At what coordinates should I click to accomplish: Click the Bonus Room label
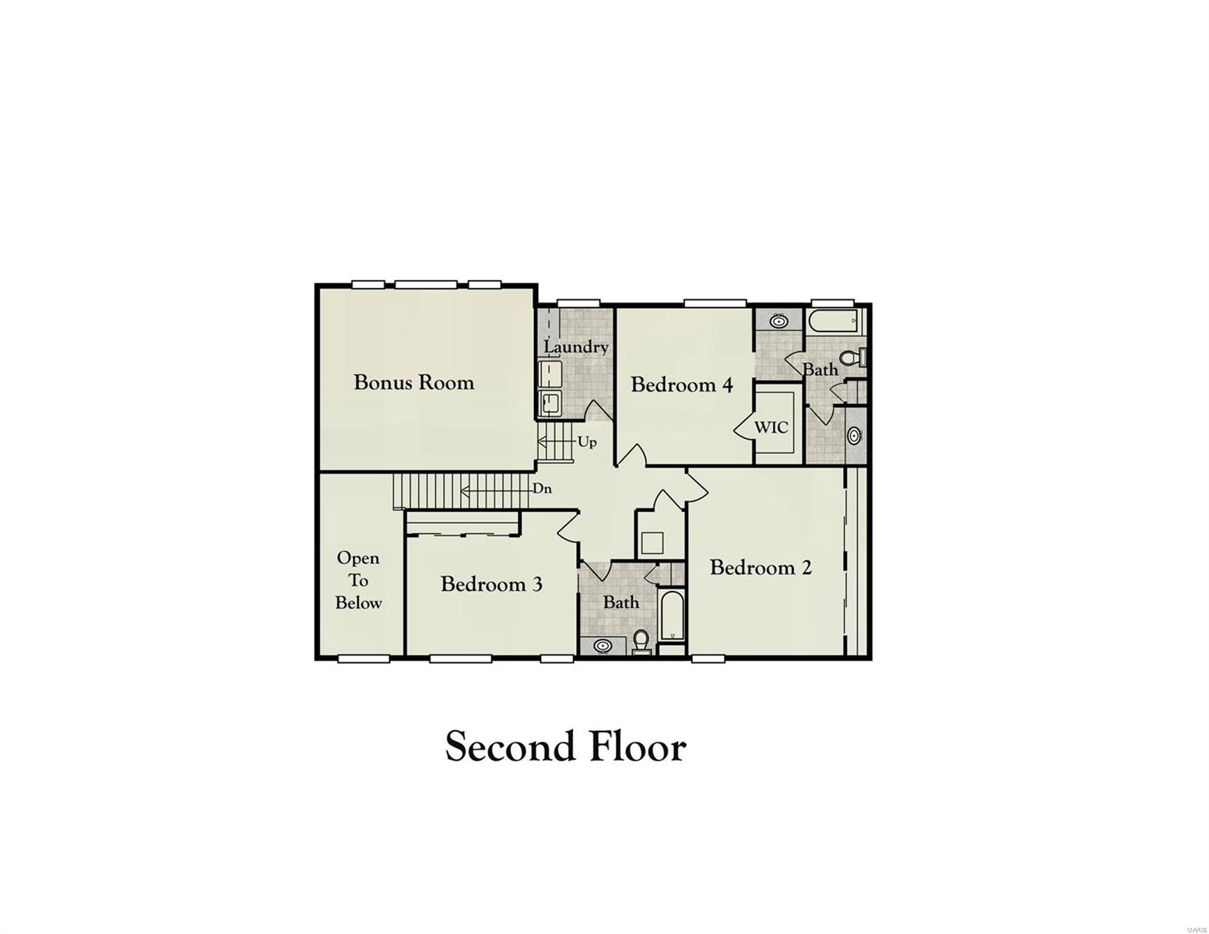[x=413, y=382]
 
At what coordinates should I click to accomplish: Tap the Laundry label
[x=575, y=347]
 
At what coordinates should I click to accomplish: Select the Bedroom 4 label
[x=682, y=384]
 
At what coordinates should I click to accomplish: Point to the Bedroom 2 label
[x=761, y=567]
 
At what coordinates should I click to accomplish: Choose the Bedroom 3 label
[x=491, y=584]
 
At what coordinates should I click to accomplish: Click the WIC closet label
[x=771, y=427]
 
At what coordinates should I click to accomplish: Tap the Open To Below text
[x=358, y=580]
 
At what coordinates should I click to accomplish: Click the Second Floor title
[x=565, y=746]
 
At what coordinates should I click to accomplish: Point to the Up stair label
[x=587, y=442]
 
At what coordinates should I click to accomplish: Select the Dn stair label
[x=543, y=490]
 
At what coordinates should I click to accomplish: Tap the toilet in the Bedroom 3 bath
[x=641, y=641]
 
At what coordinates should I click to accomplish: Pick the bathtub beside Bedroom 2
[x=672, y=616]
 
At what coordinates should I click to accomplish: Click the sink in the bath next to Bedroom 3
[x=603, y=645]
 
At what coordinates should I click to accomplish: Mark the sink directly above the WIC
[x=778, y=320]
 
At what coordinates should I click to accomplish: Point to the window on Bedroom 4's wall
[x=715, y=303]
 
